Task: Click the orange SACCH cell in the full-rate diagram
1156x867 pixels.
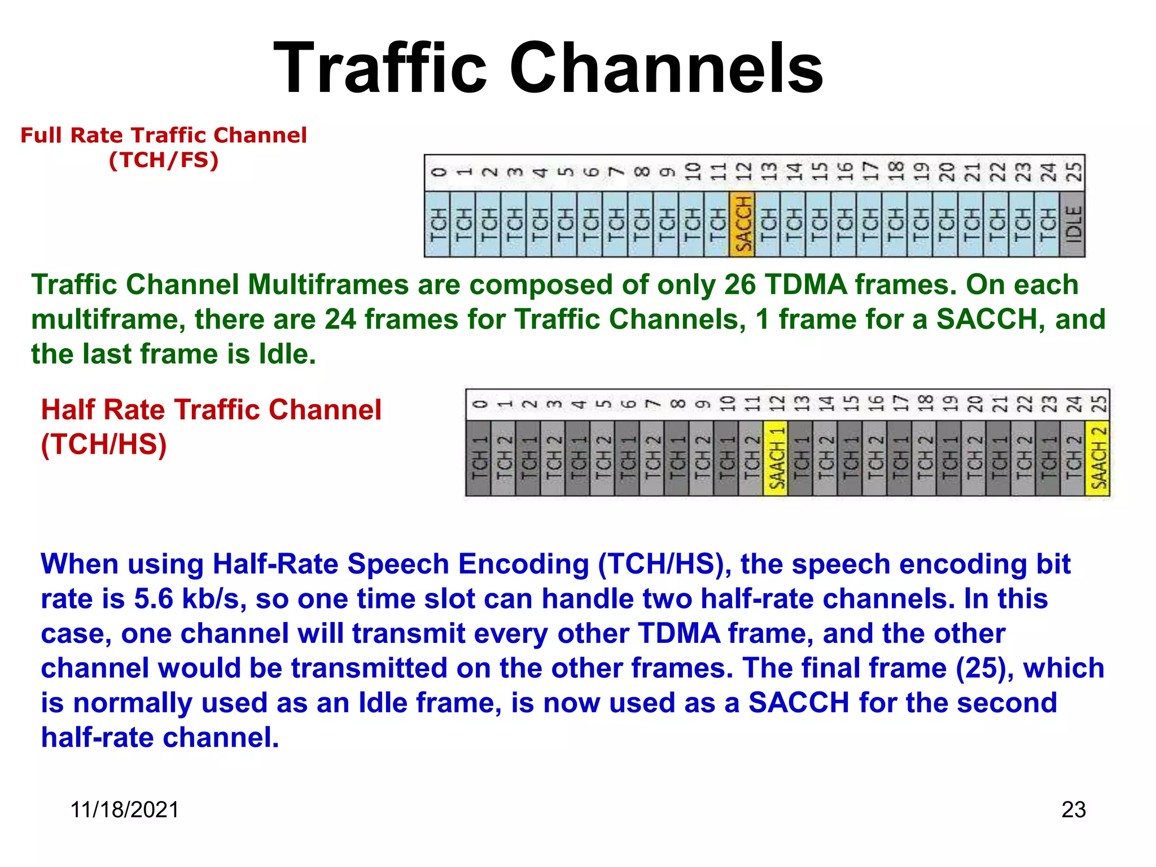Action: pos(742,224)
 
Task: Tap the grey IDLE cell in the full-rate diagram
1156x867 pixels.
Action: pos(1072,224)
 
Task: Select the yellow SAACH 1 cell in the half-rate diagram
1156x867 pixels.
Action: pos(776,458)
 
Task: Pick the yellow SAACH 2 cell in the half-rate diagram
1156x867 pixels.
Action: pos(1097,458)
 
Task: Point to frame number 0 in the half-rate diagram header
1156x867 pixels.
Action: pos(479,404)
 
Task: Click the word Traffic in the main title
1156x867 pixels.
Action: pos(379,68)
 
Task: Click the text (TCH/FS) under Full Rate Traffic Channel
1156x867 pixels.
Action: pos(164,160)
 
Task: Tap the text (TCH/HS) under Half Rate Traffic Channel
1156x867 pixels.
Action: pos(104,444)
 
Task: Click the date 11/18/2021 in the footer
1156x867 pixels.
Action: pos(125,809)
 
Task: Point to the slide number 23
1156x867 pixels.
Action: pos(1073,809)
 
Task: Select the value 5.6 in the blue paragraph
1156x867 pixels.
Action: pos(153,599)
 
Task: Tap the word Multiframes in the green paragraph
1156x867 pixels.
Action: pos(328,284)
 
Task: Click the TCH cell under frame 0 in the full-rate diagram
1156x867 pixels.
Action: pos(437,224)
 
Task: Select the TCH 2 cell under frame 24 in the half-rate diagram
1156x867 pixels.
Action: pos(1072,458)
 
